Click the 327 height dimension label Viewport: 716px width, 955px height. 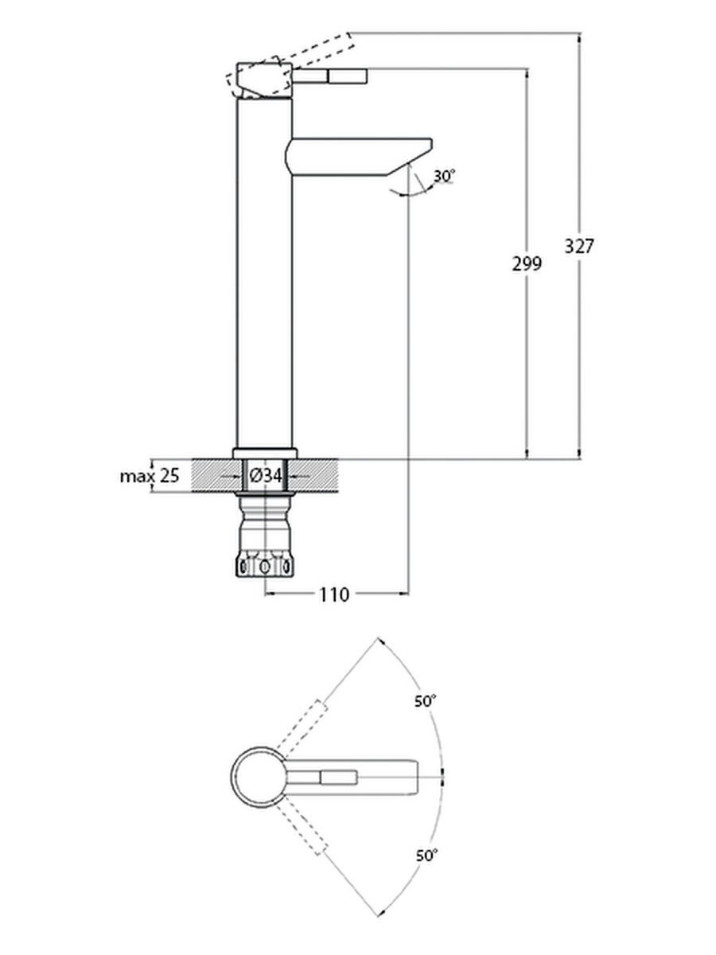(579, 246)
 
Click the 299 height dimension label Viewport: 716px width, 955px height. (527, 264)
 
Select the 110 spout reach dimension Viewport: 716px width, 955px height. (335, 594)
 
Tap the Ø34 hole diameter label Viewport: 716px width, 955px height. (266, 476)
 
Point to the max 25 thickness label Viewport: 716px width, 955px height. (149, 477)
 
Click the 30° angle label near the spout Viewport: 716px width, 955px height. (444, 176)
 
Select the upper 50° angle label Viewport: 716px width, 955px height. (426, 701)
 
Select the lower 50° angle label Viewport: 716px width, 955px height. (426, 856)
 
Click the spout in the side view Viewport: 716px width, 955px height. (358, 154)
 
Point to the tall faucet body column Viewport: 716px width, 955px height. (265, 279)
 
